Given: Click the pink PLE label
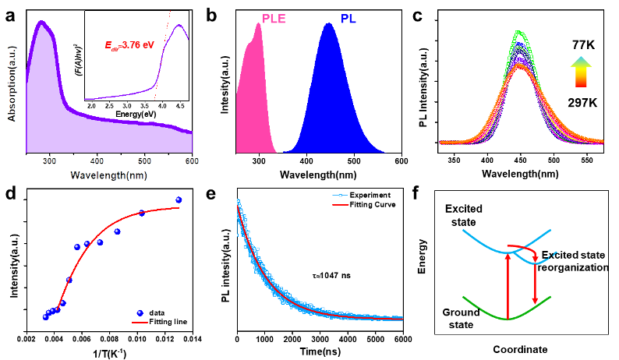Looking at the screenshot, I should (x=274, y=19).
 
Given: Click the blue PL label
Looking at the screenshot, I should (x=348, y=19).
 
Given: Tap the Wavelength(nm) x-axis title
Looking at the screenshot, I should (x=108, y=175).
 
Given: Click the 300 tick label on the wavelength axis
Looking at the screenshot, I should (x=49, y=161).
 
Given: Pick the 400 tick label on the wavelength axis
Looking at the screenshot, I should (x=97, y=161).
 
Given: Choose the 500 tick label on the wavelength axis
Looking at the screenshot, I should (x=145, y=161).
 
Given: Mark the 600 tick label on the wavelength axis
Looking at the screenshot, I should (x=192, y=161).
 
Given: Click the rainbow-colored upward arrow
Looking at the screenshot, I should (x=581, y=72).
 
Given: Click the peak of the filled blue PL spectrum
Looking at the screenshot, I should (x=329, y=23).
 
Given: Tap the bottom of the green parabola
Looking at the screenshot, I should (x=508, y=318).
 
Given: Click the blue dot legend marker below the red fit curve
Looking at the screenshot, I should (x=140, y=312).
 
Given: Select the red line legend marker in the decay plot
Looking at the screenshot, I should (x=340, y=204).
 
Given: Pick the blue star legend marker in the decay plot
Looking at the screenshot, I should (x=340, y=196).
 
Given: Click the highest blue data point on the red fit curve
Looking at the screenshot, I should (x=179, y=200).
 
